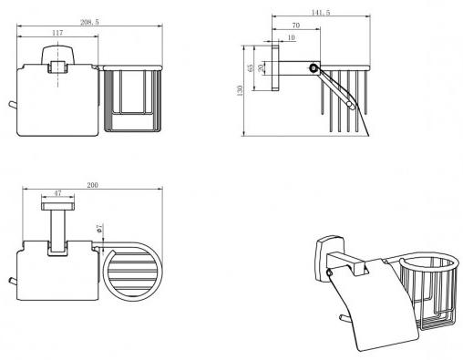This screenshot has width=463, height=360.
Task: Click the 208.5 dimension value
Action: [x=89, y=22]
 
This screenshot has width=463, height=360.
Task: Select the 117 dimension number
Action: [x=57, y=33]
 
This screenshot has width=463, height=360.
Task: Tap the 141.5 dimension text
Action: [x=321, y=13]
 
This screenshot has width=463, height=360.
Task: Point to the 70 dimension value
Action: [x=295, y=26]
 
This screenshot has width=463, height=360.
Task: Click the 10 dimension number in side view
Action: [x=291, y=37]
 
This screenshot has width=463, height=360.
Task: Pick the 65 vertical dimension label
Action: [x=251, y=67]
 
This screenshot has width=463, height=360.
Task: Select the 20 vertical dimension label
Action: [x=261, y=67]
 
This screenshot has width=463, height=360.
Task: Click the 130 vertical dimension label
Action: [x=240, y=90]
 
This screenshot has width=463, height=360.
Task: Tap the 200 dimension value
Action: [x=92, y=185]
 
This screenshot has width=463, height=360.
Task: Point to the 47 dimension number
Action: [x=57, y=193]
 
